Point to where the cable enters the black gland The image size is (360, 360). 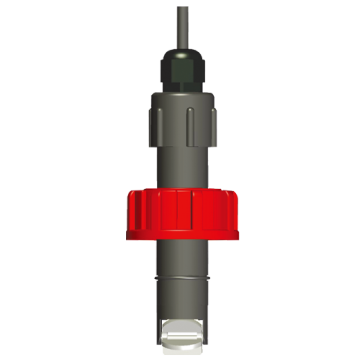[x=180, y=46]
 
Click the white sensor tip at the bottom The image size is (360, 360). [x=180, y=329]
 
